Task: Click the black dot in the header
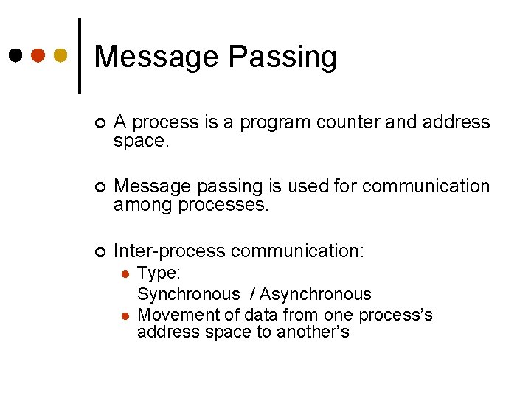[15, 55]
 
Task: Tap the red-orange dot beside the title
[38, 55]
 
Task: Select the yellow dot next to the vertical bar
[61, 55]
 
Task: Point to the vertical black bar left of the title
[79, 55]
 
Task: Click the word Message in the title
[156, 57]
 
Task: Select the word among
[143, 205]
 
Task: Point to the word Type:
[159, 273]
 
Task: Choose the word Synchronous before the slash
[188, 295]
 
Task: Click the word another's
[313, 332]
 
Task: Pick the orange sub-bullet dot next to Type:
[125, 274]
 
